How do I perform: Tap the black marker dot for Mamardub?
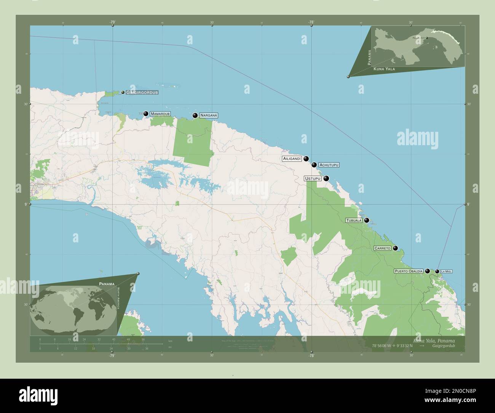146,114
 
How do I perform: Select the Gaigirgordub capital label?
142,93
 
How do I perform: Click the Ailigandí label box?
292,158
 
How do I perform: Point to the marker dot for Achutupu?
314,165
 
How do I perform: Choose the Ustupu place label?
313,178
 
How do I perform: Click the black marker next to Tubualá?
367,220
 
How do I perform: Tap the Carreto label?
382,248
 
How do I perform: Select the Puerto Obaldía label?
409,271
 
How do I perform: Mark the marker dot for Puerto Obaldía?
427,271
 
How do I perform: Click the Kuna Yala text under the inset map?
384,69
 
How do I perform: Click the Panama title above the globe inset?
107,284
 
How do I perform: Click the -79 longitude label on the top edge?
112,22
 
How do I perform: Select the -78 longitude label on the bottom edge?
311,355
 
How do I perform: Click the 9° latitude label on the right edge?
468,205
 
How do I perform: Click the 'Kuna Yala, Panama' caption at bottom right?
433,340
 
